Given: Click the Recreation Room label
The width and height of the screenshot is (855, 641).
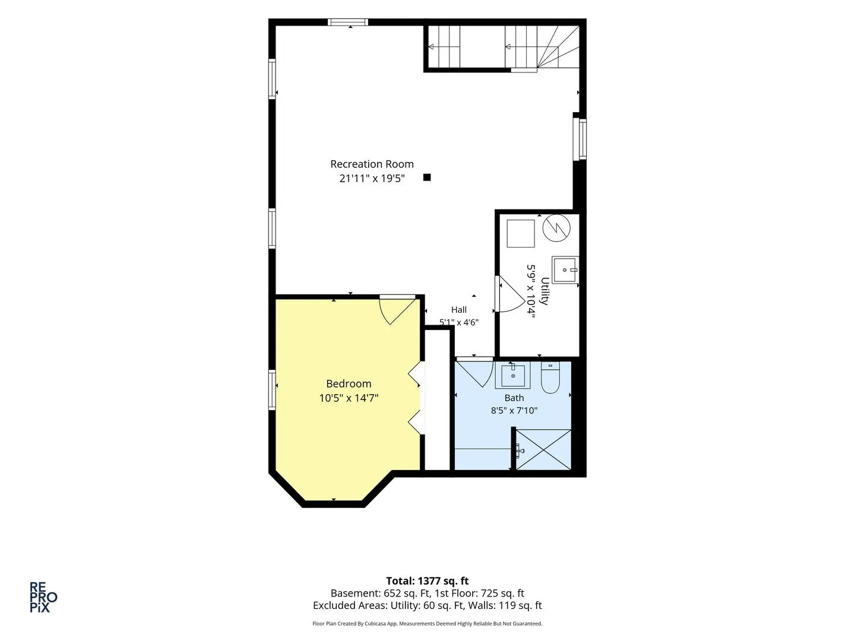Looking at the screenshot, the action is (x=372, y=164).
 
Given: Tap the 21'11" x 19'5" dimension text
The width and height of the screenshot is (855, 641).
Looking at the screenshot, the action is (x=372, y=179).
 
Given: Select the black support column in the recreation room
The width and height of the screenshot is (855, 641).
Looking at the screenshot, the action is (x=427, y=177).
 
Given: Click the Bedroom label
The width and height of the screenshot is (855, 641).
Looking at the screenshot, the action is (x=349, y=384).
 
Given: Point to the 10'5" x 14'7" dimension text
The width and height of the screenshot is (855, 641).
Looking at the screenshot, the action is (x=349, y=398).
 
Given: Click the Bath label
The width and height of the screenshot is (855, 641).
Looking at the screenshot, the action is (x=514, y=398).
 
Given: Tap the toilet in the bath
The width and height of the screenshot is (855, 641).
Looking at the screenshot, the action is (x=550, y=377).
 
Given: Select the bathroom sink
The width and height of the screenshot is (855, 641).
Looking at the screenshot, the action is (x=512, y=375).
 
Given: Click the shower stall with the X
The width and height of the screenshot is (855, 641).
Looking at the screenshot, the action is (x=543, y=449).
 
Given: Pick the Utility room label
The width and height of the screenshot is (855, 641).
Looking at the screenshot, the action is (x=544, y=291).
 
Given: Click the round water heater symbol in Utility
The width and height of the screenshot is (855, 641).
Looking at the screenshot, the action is (x=556, y=228).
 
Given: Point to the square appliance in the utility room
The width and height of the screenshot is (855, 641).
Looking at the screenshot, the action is (x=521, y=233).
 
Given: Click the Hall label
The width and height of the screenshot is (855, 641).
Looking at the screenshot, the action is (x=459, y=310).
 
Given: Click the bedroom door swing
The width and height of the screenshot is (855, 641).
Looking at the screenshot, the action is (x=398, y=309).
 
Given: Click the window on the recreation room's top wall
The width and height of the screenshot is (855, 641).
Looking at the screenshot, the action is (x=347, y=22).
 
